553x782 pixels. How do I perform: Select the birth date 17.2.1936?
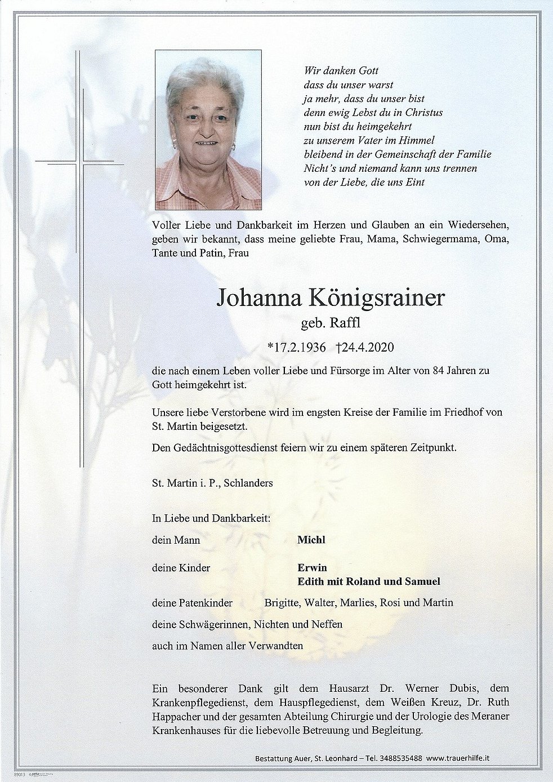(298, 347)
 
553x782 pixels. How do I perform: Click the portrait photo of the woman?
(208, 130)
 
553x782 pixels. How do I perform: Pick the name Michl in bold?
(311, 540)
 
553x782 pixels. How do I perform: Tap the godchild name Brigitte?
(282, 603)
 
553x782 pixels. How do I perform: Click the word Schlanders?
(257, 483)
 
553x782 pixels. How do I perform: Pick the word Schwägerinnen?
(217, 624)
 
